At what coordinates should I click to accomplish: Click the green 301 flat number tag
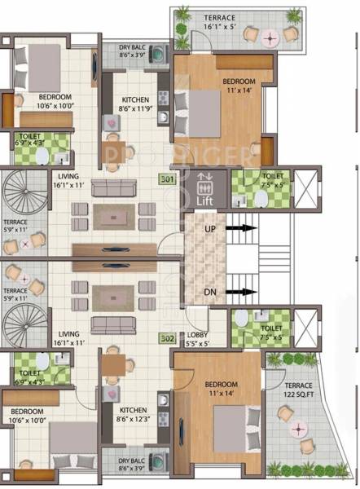pos(166,179)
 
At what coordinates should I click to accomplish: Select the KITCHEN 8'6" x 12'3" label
pos(133,414)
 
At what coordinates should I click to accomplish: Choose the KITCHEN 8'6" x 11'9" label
pos(133,103)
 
